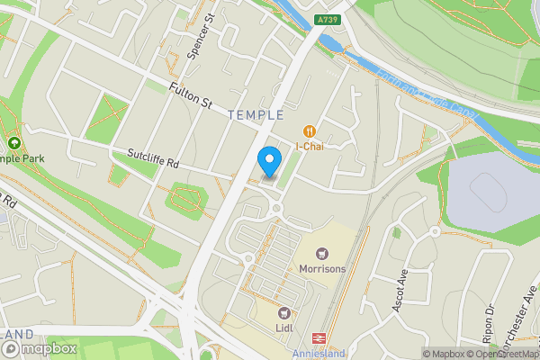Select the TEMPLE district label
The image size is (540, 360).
[x=256, y=115]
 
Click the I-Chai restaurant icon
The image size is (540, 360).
[x=310, y=130]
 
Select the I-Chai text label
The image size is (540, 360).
[x=310, y=146]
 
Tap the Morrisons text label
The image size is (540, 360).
[x=323, y=268]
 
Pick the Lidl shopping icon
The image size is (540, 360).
[x=286, y=313]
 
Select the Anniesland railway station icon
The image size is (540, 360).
[x=318, y=338]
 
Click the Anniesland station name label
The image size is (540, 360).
[x=319, y=354]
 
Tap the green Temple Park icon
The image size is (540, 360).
[x=13, y=144]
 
